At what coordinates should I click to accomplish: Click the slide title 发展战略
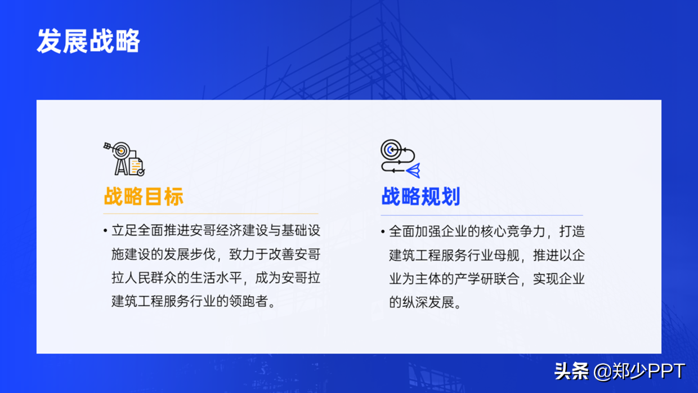[88, 41]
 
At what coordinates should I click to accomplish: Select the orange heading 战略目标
[144, 196]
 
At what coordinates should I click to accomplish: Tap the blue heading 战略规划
[420, 196]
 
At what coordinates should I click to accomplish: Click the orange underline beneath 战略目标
[211, 214]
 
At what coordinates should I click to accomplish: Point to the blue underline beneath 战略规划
[482, 215]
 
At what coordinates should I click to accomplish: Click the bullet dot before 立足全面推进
[105, 231]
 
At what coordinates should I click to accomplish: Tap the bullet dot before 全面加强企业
[383, 231]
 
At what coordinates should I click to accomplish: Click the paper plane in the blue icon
[414, 171]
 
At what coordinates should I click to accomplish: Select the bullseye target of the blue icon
[391, 150]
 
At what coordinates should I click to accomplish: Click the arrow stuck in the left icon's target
[111, 148]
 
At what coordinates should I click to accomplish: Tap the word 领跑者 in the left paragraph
[248, 301]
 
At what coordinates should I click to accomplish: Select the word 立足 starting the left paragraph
[124, 231]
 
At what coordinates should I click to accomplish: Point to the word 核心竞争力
[513, 231]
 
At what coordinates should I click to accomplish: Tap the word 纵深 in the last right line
[415, 302]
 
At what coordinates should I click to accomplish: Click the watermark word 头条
[571, 371]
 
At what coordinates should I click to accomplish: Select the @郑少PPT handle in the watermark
[639, 371]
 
